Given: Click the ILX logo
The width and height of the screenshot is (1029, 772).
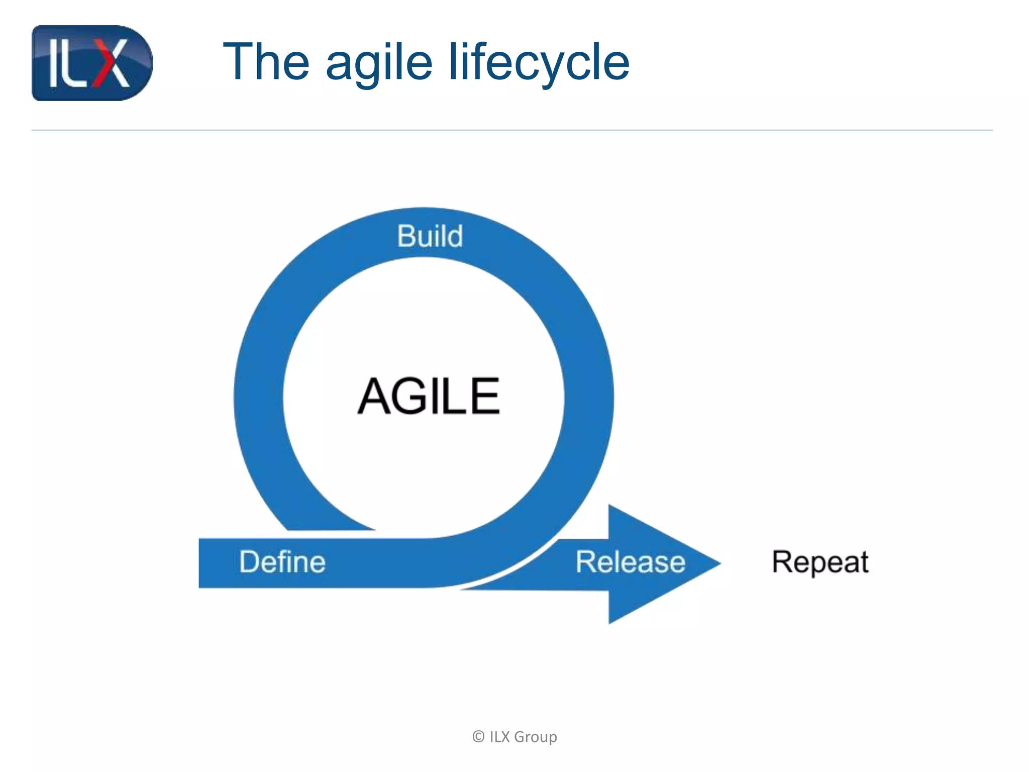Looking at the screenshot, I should click(x=92, y=63).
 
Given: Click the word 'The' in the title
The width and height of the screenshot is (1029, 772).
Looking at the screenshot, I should click(x=266, y=62).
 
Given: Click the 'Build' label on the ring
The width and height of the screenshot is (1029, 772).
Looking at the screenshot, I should click(x=430, y=236).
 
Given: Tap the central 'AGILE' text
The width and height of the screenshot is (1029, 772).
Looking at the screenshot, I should click(x=429, y=397).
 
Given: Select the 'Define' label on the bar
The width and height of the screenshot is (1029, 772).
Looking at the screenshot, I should click(x=282, y=562).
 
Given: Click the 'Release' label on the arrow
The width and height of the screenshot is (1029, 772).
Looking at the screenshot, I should click(x=630, y=562).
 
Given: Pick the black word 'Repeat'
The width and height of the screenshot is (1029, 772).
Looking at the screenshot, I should click(x=820, y=562).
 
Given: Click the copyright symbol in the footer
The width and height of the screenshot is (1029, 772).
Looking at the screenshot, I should click(x=478, y=737).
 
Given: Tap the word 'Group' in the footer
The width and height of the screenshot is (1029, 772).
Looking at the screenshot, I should click(x=536, y=737).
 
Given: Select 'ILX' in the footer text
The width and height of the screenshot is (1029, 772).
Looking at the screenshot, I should click(x=500, y=737).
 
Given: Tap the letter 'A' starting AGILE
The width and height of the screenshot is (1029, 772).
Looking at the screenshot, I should click(x=375, y=397).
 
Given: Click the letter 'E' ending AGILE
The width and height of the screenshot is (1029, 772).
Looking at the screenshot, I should click(x=486, y=397).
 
